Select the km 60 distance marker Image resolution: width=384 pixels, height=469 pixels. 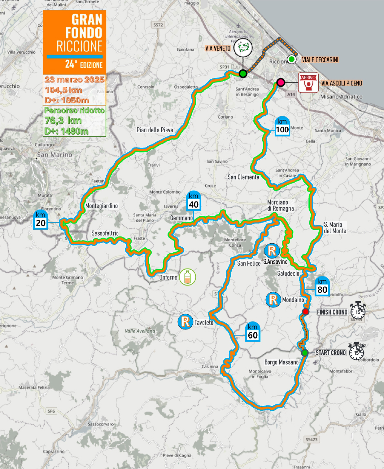253,332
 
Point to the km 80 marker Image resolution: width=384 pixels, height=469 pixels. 322,286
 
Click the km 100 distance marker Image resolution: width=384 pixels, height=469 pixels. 282,126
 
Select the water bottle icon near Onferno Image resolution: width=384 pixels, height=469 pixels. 187,277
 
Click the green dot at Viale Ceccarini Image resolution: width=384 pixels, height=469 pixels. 291,59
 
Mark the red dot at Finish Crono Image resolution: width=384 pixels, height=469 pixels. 306,312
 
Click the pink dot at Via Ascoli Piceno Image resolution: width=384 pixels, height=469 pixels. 281,82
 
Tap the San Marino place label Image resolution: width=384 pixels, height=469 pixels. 55,154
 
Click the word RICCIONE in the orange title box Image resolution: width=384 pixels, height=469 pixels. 79,46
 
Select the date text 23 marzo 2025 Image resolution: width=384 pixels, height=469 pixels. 74,79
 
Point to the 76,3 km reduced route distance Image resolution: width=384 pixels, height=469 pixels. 63,120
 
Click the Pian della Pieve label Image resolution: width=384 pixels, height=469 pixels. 155,130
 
